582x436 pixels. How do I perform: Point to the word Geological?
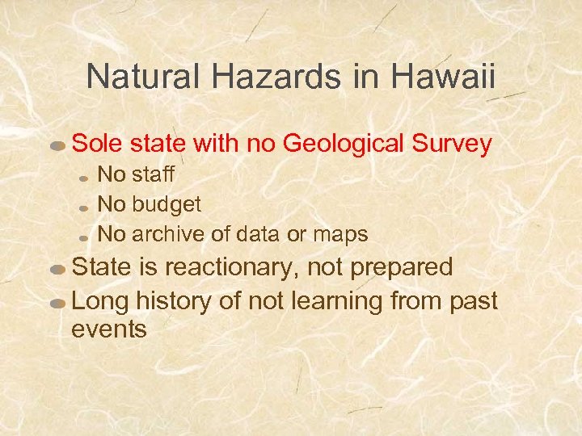[x=346, y=144]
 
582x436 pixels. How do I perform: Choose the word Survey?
[x=453, y=144]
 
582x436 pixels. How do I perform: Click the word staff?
[x=153, y=174]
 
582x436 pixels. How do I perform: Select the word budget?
[x=166, y=204]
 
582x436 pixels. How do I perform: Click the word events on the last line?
[x=109, y=329]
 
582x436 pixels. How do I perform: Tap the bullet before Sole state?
[x=58, y=147]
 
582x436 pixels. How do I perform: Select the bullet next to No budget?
[x=85, y=208]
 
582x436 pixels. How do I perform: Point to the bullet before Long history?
[x=58, y=304]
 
